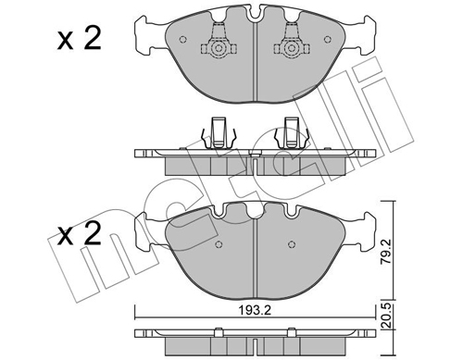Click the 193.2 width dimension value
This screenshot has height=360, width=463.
click(255, 310)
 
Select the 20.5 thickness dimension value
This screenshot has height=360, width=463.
click(386, 317)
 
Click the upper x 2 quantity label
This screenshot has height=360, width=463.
click(80, 38)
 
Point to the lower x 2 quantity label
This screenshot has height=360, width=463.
click(80, 233)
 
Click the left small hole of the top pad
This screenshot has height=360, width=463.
click(183, 40)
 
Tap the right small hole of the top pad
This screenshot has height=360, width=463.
click(328, 40)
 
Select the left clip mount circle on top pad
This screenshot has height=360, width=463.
click(219, 48)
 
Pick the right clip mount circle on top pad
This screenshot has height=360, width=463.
click(291, 48)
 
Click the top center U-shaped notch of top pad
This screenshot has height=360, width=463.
click(255, 14)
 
